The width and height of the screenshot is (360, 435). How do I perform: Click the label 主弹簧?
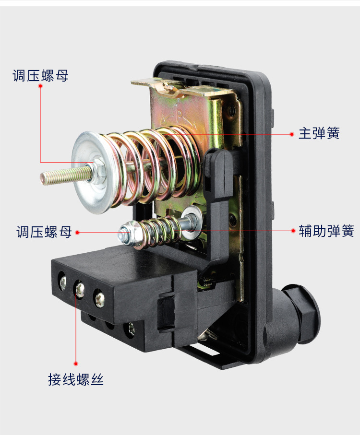[319, 133]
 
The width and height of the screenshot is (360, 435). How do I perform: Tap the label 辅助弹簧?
[326, 231]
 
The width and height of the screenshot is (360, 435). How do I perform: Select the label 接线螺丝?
[76, 379]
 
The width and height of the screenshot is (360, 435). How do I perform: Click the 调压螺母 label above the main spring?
[40, 75]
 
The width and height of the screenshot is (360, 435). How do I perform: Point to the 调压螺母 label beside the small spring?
[44, 232]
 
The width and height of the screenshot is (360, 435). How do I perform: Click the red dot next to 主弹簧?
[292, 134]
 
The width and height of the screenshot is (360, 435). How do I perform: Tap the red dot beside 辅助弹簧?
[293, 231]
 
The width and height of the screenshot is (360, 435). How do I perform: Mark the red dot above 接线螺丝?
[76, 364]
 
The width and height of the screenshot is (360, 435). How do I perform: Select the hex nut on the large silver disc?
[98, 169]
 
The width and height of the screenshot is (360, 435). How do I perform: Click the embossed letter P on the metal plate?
[180, 116]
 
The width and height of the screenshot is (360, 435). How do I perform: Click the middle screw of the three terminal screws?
[80, 289]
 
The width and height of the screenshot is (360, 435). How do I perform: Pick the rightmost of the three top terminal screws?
[99, 298]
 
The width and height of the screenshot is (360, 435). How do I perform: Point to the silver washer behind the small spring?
[192, 219]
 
